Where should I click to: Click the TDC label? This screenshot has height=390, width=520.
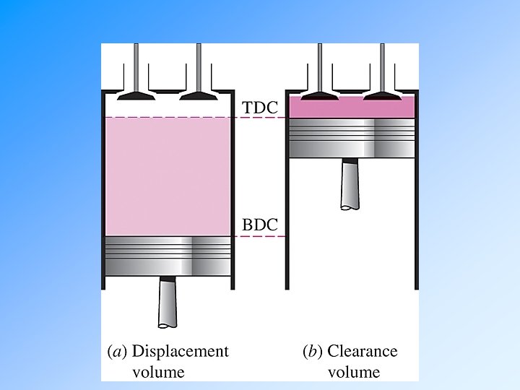pyautogui.click(x=259, y=107)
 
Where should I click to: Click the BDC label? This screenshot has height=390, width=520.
pyautogui.click(x=259, y=225)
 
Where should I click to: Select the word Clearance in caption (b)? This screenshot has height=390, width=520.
pyautogui.click(x=363, y=352)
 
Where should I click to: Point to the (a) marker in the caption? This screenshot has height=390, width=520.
pyautogui.click(x=117, y=352)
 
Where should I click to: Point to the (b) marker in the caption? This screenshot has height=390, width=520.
pyautogui.click(x=313, y=352)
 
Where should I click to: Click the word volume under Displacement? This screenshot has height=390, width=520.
pyautogui.click(x=158, y=373)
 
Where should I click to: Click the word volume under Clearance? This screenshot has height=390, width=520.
pyautogui.click(x=354, y=373)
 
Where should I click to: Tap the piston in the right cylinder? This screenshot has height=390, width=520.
pyautogui.click(x=352, y=137)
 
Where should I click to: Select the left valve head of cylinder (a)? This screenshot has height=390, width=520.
pyautogui.click(x=136, y=95)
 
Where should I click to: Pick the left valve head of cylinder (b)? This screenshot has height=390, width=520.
pyautogui.click(x=321, y=95)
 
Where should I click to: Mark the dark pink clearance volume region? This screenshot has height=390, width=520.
pyautogui.click(x=352, y=108)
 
